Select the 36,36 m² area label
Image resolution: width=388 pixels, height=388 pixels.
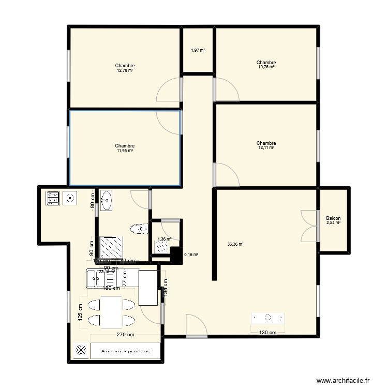(x=235, y=245)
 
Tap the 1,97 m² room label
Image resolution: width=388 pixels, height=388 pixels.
(x=198, y=50)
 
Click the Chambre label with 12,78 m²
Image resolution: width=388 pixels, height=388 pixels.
(x=125, y=68)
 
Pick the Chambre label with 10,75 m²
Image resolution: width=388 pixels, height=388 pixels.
(x=266, y=65)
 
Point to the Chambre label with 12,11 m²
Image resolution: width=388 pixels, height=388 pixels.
(x=266, y=145)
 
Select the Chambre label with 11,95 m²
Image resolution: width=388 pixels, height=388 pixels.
(x=125, y=148)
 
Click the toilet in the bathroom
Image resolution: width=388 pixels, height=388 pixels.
(x=138, y=229)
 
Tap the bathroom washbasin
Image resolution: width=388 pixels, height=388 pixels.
(x=107, y=200)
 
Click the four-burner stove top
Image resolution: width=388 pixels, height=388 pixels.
(x=53, y=198)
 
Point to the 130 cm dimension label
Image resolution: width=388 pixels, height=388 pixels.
(x=267, y=333)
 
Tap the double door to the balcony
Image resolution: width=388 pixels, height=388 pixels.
(x=309, y=226)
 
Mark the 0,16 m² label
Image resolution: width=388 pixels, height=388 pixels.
(x=191, y=255)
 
